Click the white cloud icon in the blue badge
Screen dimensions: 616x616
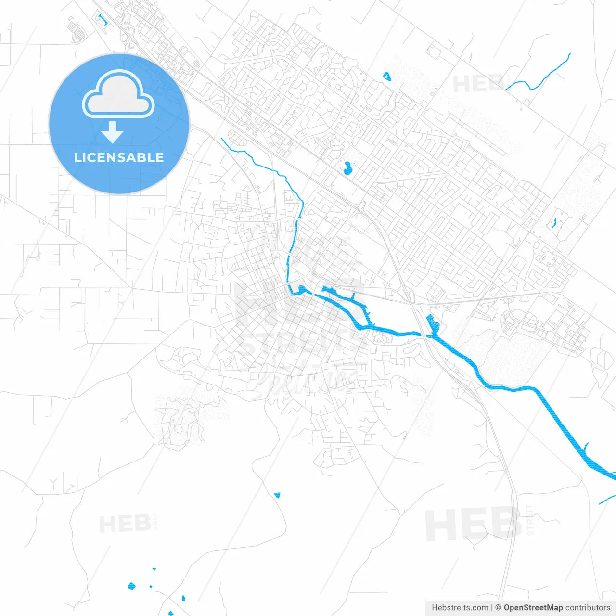pyautogui.click(x=118, y=94)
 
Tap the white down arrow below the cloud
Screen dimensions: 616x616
pyautogui.click(x=113, y=132)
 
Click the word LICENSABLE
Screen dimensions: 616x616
pyautogui.click(x=119, y=158)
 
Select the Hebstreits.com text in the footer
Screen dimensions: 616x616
pyautogui.click(x=460, y=608)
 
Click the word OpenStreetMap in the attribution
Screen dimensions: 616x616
pyautogui.click(x=533, y=608)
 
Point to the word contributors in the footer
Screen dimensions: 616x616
pyautogui.click(x=588, y=608)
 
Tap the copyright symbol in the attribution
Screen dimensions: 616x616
pyautogui.click(x=498, y=608)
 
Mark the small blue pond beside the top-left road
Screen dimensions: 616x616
pyautogui.click(x=103, y=20)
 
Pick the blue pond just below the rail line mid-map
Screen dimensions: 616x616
pyautogui.click(x=347, y=168)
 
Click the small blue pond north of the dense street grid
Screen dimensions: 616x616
pyautogui.click(x=386, y=76)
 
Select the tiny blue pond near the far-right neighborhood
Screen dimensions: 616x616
pyautogui.click(x=554, y=223)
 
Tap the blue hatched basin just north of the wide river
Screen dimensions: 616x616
pyautogui.click(x=432, y=323)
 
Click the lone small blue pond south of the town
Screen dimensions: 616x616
pyautogui.click(x=277, y=495)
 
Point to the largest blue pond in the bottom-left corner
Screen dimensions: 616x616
pyautogui.click(x=131, y=586)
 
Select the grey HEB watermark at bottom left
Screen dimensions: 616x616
pyautogui.click(x=125, y=524)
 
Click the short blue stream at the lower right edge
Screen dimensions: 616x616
pyautogui.click(x=607, y=499)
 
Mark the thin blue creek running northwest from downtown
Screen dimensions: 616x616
pyautogui.click(x=269, y=166)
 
